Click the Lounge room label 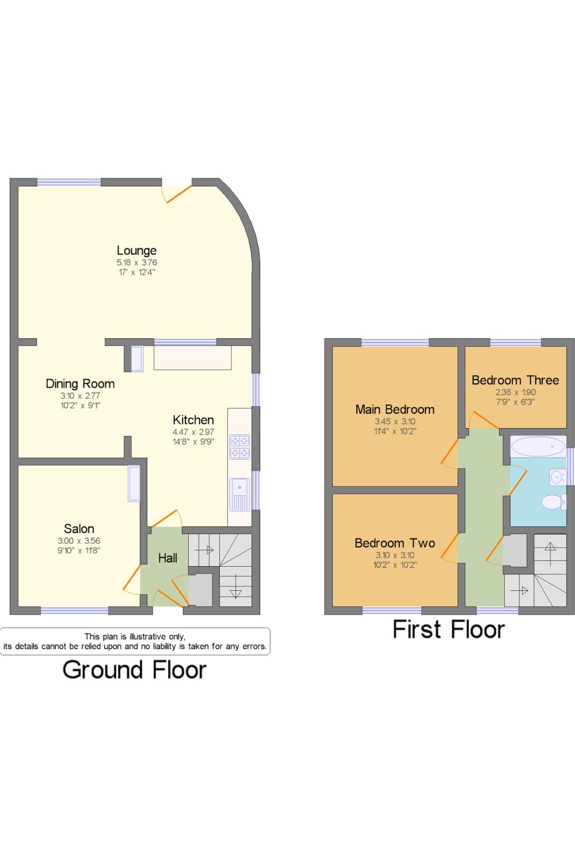point(136,250)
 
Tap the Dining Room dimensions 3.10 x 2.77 point(80,395)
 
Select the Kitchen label point(193,419)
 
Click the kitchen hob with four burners point(239,447)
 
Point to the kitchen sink point(239,495)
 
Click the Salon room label point(79,528)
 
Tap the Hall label point(167,558)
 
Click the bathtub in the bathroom point(538,446)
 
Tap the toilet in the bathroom point(554,502)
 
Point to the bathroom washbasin point(557,477)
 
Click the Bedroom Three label point(515,380)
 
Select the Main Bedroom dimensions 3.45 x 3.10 point(395,421)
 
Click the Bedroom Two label point(395,543)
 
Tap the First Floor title point(448,629)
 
